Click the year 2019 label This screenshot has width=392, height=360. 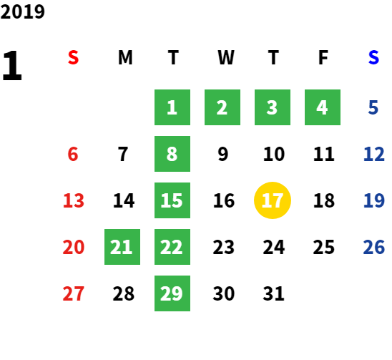(x=22, y=11)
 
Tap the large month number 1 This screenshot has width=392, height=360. (x=12, y=65)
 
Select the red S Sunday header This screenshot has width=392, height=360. (x=73, y=57)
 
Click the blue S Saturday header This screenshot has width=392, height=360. (x=373, y=57)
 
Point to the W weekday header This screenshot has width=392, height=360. (x=226, y=57)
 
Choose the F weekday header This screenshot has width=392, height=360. (x=323, y=57)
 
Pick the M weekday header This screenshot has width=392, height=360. (x=125, y=57)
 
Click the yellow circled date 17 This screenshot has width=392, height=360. (x=273, y=200)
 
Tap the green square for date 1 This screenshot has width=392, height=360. (x=172, y=107)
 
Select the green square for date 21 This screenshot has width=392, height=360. (x=122, y=247)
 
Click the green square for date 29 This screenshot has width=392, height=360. (x=172, y=293)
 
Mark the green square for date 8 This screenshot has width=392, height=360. (x=172, y=154)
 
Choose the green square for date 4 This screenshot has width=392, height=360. (x=323, y=107)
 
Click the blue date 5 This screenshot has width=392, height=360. (x=373, y=107)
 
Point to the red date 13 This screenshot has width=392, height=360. (x=74, y=200)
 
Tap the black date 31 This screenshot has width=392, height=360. (x=273, y=293)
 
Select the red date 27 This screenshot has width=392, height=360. (x=73, y=293)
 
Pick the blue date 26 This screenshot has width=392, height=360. (x=373, y=247)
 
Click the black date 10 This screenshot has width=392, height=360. (x=274, y=154)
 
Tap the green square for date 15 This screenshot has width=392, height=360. (x=172, y=200)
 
